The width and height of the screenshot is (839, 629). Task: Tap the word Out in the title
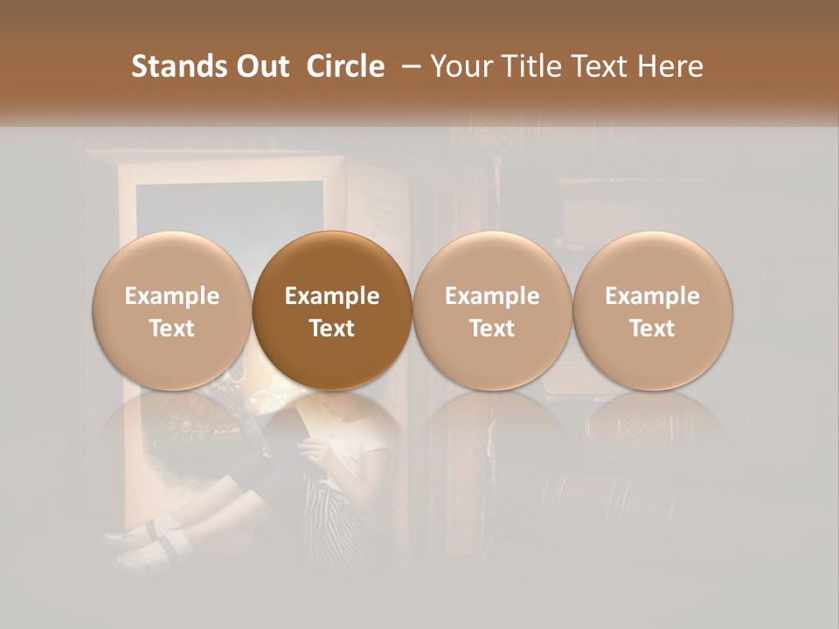[262, 66]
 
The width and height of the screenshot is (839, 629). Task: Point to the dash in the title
[408, 66]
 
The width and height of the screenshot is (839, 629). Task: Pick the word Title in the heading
[529, 66]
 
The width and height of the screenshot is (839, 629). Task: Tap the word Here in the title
[670, 66]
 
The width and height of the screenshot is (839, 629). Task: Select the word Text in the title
[598, 66]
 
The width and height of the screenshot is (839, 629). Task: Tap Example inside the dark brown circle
[332, 296]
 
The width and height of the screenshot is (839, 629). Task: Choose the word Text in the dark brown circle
[332, 328]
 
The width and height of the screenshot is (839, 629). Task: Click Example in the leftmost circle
[172, 296]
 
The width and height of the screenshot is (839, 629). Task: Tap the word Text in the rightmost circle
[652, 328]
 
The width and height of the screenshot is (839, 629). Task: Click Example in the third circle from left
[492, 296]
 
